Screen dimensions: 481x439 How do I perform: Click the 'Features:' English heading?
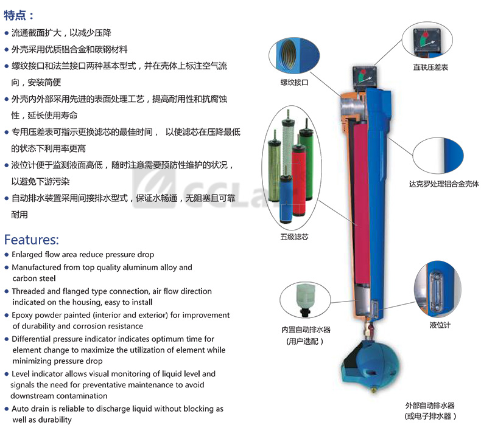31,240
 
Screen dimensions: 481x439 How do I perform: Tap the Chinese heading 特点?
15,15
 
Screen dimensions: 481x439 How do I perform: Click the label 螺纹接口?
294,83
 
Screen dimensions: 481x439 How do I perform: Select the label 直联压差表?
430,67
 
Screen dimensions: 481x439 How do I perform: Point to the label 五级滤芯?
294,237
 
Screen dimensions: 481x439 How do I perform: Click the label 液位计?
440,325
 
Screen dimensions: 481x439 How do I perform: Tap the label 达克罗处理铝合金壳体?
444,184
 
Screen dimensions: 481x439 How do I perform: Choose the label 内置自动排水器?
306,330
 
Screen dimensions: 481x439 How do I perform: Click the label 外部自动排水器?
430,406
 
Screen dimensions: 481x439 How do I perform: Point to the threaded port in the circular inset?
288,54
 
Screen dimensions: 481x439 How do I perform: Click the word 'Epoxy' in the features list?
21,315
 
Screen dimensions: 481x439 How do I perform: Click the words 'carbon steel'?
34,278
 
